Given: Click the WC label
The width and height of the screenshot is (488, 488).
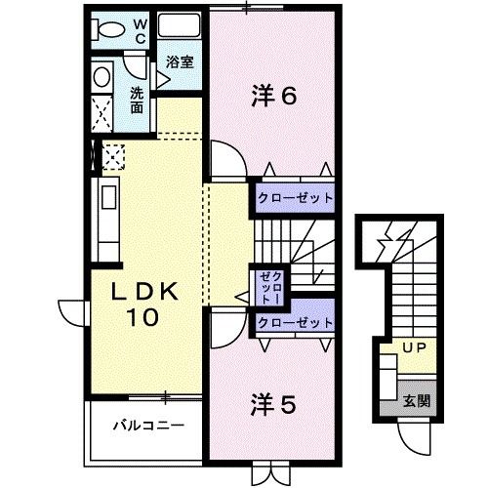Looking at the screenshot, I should pos(139,28).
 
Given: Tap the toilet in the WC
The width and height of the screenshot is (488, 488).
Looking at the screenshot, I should pos(111,29).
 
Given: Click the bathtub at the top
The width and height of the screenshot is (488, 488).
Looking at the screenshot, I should pos(178,27).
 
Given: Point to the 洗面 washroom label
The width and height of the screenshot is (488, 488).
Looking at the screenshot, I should pos(138,101).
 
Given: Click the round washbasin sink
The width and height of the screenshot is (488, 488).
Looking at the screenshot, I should pos(101,77).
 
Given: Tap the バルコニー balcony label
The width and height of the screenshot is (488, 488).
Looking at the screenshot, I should pos(136,426).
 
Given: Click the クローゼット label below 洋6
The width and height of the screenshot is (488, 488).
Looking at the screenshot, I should pos(295,197).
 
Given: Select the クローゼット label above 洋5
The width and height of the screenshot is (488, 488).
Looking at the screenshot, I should pos(295,322).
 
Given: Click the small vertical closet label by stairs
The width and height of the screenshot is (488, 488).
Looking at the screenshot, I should pos(266,286).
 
